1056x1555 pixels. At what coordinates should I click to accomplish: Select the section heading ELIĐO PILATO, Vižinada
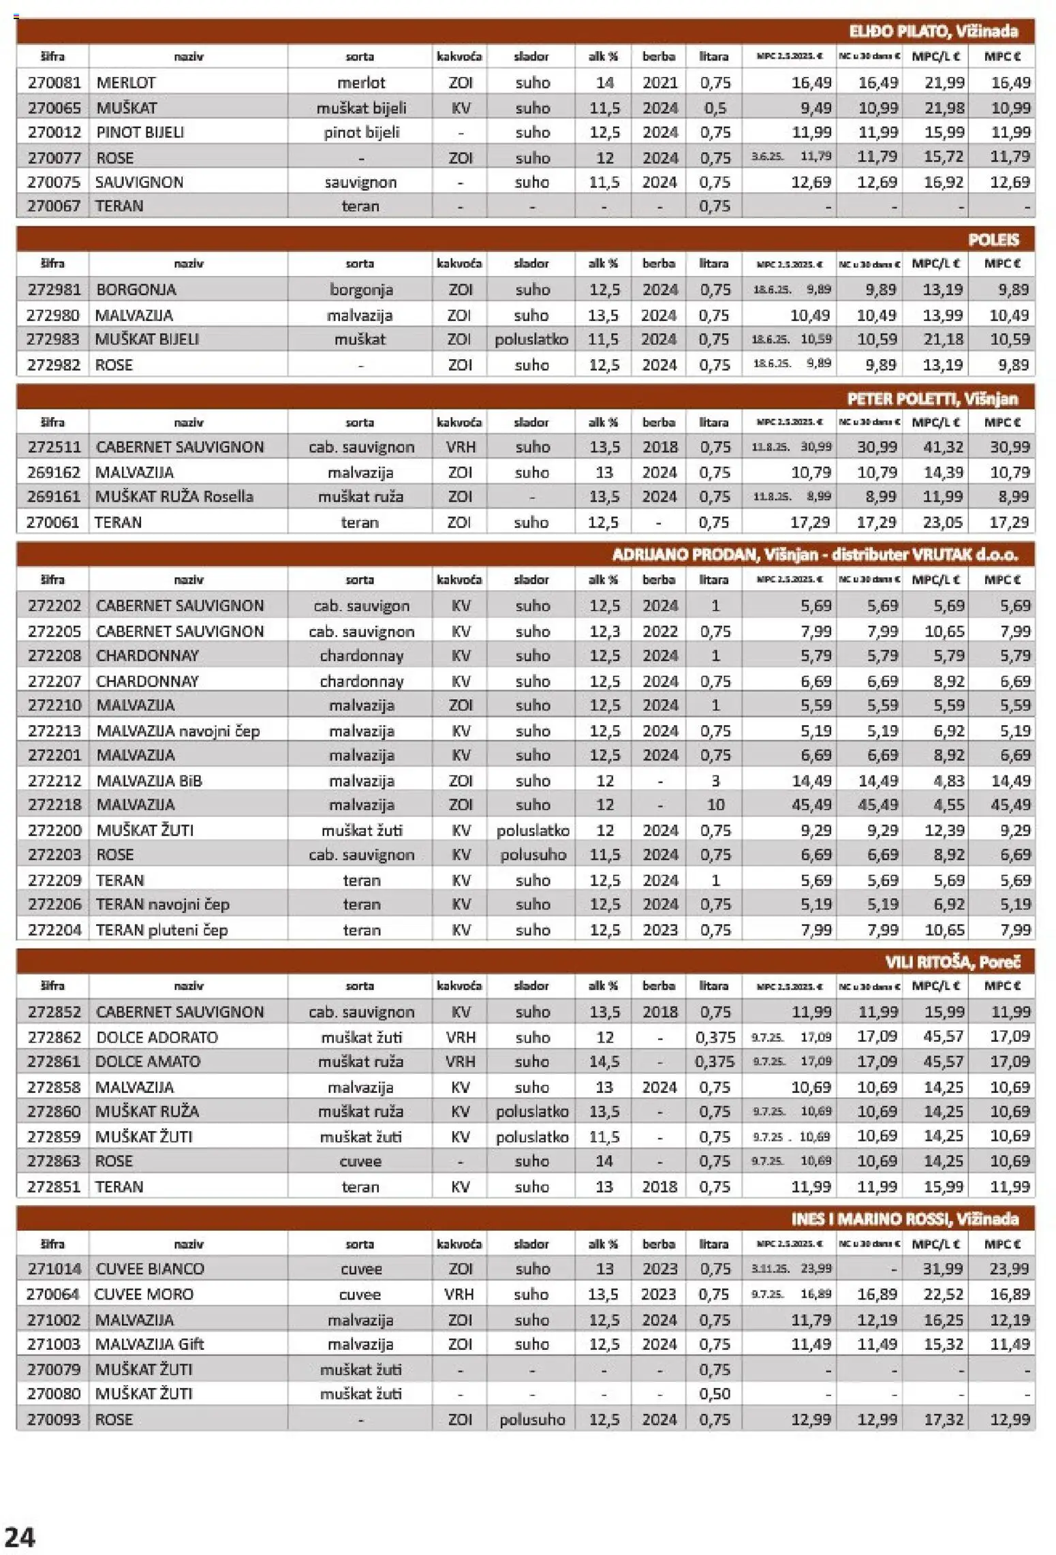(933, 31)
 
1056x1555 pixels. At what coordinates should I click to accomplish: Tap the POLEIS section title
(993, 240)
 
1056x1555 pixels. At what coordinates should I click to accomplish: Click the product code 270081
(54, 83)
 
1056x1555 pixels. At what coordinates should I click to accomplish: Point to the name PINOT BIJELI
(140, 132)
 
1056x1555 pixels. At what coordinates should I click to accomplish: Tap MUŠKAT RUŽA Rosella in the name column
(174, 497)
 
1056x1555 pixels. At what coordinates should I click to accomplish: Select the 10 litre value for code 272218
(715, 805)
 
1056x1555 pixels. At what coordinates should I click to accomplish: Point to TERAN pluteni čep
(161, 930)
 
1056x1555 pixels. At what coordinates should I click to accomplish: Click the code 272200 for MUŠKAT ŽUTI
(55, 831)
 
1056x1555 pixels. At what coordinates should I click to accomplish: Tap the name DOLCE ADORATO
(157, 1038)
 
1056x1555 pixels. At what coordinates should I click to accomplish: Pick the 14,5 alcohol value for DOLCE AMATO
(604, 1062)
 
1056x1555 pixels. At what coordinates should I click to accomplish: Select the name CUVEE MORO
(144, 1294)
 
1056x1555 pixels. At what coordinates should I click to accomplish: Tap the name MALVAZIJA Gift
(149, 1344)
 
